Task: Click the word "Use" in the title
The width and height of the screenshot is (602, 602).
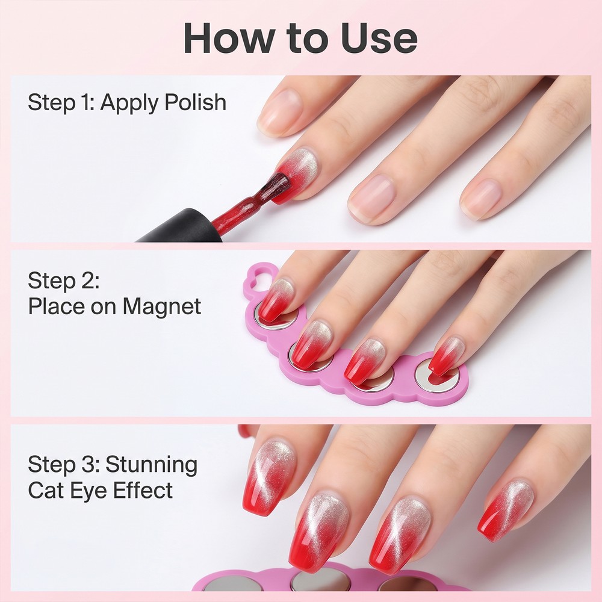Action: coord(379,38)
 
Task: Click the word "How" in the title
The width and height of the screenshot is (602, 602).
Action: coord(229,38)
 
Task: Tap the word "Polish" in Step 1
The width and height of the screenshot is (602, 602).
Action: coord(196,102)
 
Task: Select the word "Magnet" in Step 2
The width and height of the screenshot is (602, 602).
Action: coord(161,306)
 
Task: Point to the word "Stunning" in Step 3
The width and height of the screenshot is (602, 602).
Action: coord(151,465)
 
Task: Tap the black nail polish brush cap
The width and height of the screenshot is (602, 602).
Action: coord(179,226)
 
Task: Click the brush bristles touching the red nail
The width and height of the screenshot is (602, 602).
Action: coord(276,184)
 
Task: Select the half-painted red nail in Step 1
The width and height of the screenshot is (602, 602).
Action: coord(296,175)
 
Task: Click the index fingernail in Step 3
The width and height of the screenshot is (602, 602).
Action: coord(268,476)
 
